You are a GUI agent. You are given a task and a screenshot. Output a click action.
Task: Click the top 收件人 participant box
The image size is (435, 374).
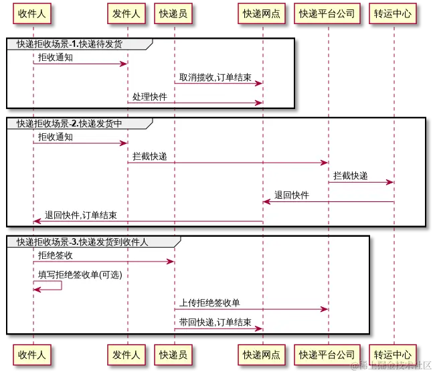pos(32,13)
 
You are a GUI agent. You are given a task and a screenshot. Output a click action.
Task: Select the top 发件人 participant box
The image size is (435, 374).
pos(126,13)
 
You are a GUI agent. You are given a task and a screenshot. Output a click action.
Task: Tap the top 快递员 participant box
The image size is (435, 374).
pos(173,13)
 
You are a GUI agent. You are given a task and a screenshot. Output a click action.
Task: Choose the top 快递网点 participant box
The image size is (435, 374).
pos(262,13)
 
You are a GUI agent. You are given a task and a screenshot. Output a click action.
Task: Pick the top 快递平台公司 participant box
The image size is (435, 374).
pos(327,13)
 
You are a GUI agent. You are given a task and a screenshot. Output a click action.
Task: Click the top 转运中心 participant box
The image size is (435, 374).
pos(392,13)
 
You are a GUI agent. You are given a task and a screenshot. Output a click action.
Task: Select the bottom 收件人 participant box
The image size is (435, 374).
pos(32,355)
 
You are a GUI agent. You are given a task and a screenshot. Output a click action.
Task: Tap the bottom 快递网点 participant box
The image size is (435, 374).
pos(262,355)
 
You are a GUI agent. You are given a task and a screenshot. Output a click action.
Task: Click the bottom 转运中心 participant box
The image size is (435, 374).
pos(392,355)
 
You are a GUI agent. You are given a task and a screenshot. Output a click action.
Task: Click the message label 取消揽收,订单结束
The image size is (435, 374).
pos(215,78)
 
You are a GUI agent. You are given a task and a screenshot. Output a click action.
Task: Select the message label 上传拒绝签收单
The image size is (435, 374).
pos(209,303)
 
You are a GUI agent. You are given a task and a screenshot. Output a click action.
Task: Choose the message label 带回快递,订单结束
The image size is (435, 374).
pos(215,322)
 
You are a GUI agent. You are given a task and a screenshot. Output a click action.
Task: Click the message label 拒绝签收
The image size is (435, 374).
pos(56,255)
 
